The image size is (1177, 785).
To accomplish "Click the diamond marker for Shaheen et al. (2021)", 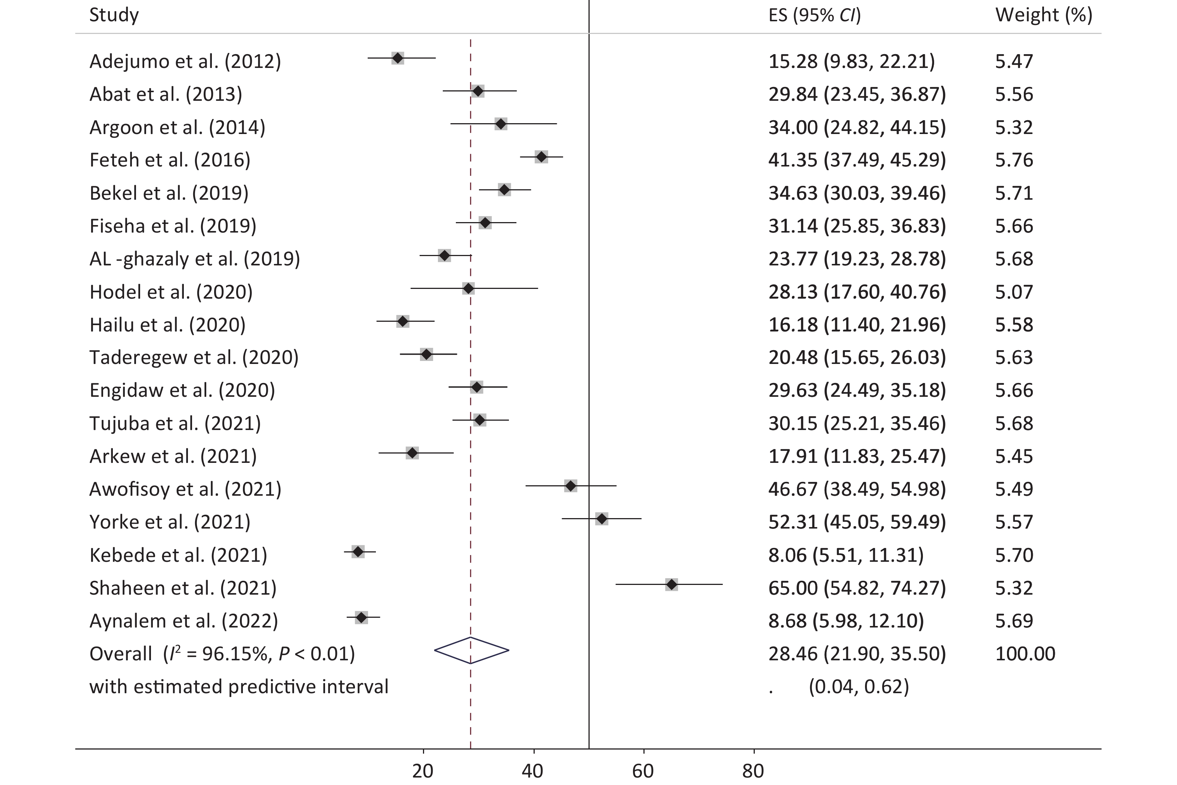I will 671,584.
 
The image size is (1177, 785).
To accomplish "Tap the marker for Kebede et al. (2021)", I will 358,552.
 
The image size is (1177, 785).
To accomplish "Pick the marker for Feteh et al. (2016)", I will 541,157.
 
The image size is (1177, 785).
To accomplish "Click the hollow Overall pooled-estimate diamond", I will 471,650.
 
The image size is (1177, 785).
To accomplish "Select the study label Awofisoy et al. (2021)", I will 185,489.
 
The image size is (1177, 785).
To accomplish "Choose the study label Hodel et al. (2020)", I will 171,292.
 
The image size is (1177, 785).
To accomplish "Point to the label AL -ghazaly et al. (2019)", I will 194,259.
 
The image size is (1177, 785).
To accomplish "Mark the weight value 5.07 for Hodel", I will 1014,292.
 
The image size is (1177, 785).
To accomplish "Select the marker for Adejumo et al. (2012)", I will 397,58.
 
